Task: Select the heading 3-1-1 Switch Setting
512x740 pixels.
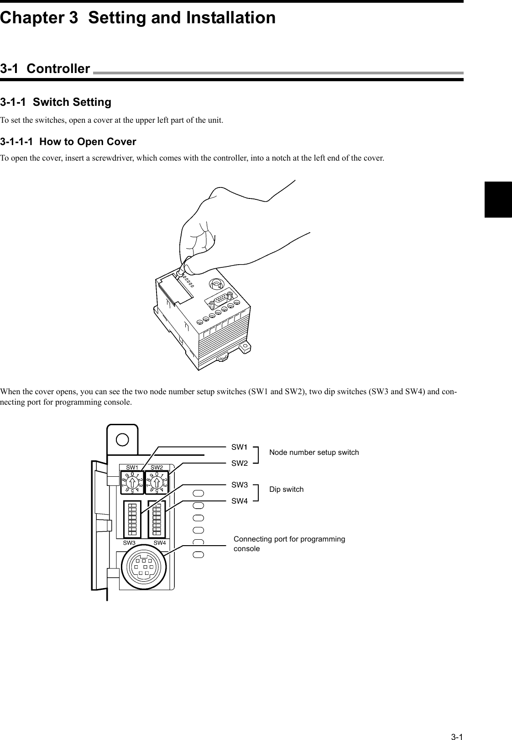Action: [56, 102]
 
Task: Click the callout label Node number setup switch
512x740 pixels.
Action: [314, 453]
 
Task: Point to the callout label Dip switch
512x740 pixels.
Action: [286, 490]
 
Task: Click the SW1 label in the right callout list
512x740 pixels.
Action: [240, 446]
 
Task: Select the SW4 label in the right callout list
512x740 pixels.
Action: [240, 501]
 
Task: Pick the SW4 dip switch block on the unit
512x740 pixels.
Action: [157, 519]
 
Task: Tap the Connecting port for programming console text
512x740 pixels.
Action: [289, 544]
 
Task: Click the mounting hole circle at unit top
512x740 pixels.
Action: [122, 439]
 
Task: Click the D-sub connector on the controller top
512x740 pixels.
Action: [220, 301]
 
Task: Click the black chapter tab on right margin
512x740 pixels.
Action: [498, 199]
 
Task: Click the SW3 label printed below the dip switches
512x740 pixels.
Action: [130, 543]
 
